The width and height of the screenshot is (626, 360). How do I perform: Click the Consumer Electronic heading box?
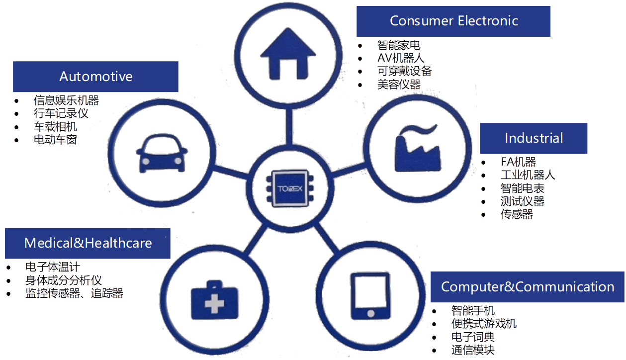click(x=453, y=21)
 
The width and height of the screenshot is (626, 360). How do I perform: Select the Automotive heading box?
click(x=95, y=77)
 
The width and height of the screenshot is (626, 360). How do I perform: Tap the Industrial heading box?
click(x=534, y=138)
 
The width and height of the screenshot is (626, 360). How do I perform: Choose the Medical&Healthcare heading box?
click(x=88, y=243)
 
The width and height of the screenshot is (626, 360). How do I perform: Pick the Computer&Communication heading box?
click(x=528, y=287)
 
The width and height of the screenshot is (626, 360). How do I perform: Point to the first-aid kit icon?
click(x=214, y=300)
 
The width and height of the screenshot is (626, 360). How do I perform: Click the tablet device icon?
click(x=370, y=296)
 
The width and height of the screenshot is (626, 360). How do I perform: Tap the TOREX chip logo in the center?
click(x=290, y=189)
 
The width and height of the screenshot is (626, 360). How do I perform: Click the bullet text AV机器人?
click(x=400, y=58)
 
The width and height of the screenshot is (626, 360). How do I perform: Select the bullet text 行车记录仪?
click(x=61, y=113)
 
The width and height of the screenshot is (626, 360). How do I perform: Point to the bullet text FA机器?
click(x=518, y=162)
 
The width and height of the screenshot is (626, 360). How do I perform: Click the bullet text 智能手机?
click(x=473, y=311)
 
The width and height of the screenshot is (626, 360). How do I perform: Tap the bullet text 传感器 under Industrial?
click(x=517, y=215)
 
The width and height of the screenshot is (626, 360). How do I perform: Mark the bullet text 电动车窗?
click(x=55, y=139)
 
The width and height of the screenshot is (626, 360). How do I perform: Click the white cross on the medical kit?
click(x=214, y=302)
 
